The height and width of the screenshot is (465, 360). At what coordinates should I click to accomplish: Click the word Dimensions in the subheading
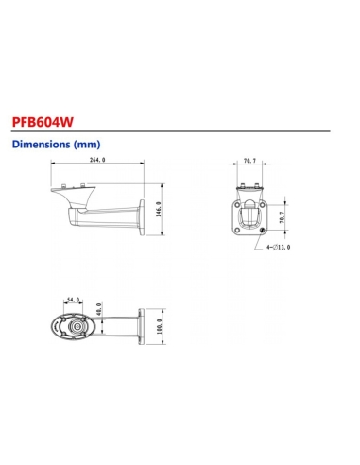(39, 146)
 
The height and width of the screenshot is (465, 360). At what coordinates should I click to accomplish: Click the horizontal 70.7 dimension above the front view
(249, 162)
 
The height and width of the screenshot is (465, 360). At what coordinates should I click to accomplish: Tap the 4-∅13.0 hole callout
(279, 248)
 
